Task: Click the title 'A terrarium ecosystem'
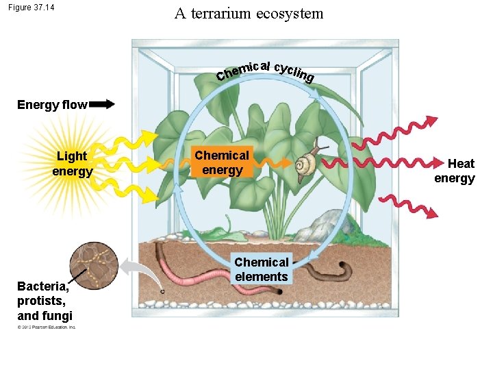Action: pyautogui.click(x=249, y=14)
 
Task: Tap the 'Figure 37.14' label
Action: pyautogui.click(x=31, y=8)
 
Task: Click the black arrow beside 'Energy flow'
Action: pyautogui.click(x=102, y=105)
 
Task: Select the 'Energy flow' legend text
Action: pyautogui.click(x=52, y=105)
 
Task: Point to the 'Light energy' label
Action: pyautogui.click(x=72, y=164)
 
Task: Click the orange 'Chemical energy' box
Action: pyautogui.click(x=222, y=163)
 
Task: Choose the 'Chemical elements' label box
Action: pyautogui.click(x=261, y=269)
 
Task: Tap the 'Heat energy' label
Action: pyautogui.click(x=455, y=171)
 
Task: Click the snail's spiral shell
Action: pyautogui.click(x=305, y=166)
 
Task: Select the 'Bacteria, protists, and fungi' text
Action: pyautogui.click(x=45, y=301)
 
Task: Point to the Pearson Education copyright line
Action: pyautogui.click(x=47, y=327)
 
